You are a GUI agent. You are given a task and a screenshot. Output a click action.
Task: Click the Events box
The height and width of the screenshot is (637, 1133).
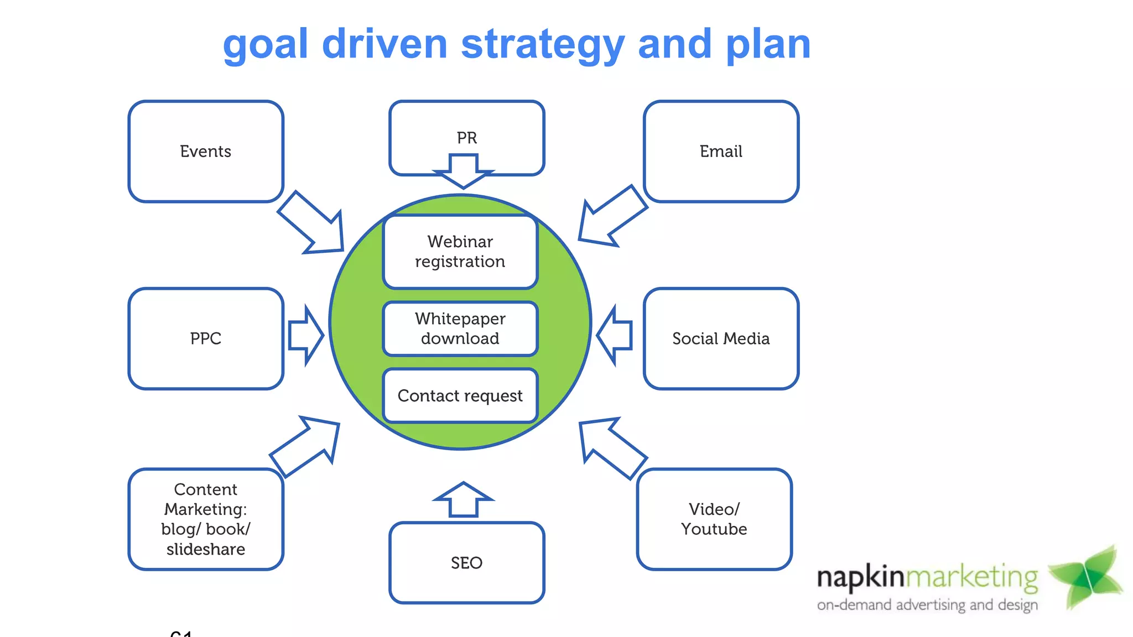[206, 151]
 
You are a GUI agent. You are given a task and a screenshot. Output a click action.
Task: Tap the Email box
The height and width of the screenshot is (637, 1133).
[721, 151]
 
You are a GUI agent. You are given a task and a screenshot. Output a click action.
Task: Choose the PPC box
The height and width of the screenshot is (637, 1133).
[206, 338]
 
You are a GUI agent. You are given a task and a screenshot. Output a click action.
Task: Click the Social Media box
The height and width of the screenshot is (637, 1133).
[721, 338]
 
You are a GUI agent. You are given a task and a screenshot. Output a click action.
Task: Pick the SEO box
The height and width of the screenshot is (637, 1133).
[466, 563]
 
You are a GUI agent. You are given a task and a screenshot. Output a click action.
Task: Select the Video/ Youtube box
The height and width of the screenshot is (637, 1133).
[714, 519]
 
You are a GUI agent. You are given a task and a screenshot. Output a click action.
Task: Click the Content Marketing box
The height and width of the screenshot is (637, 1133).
[206, 519]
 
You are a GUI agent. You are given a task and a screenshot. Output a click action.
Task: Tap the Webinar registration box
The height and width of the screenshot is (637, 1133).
[460, 252]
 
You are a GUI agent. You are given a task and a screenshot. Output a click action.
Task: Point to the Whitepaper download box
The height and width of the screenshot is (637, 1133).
[460, 328]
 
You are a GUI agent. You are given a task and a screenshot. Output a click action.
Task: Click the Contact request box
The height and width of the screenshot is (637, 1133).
[460, 396]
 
